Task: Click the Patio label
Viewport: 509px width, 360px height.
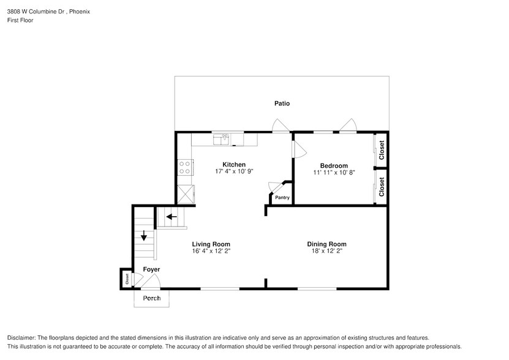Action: (282, 103)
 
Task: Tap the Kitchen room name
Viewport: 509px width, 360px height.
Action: (234, 165)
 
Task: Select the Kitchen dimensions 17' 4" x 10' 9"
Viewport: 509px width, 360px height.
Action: (234, 172)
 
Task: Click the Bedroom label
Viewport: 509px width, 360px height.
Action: (334, 166)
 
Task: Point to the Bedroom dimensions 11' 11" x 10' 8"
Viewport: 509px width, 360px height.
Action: (334, 173)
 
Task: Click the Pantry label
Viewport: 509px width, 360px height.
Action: (282, 197)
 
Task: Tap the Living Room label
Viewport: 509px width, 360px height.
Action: (211, 244)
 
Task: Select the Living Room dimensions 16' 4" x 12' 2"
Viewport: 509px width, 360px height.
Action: (211, 251)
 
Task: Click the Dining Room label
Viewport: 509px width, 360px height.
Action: (326, 244)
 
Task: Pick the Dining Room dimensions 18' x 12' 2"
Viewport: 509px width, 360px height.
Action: (326, 251)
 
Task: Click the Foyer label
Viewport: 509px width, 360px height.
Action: (151, 269)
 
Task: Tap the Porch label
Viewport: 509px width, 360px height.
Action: (151, 298)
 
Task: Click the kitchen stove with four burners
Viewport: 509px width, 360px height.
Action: (185, 167)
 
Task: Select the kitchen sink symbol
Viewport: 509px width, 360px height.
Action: (221, 140)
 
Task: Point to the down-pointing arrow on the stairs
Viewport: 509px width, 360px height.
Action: (144, 236)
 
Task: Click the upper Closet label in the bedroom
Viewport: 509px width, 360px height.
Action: (382, 151)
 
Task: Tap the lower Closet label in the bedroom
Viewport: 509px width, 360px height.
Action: (382, 187)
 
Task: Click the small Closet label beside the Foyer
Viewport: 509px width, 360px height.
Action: (127, 279)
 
